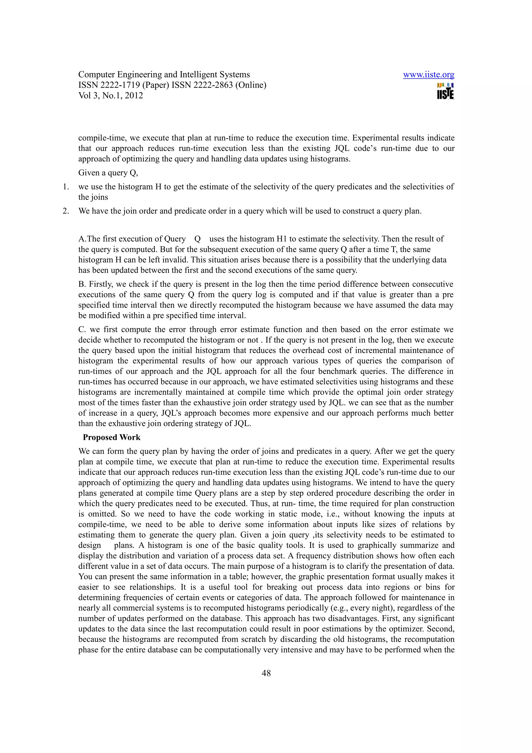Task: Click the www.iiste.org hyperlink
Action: pos(428,75)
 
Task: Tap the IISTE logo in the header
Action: pos(445,91)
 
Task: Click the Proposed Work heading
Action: pos(111,437)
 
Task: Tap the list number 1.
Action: pos(66,187)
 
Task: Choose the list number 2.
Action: pos(66,211)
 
